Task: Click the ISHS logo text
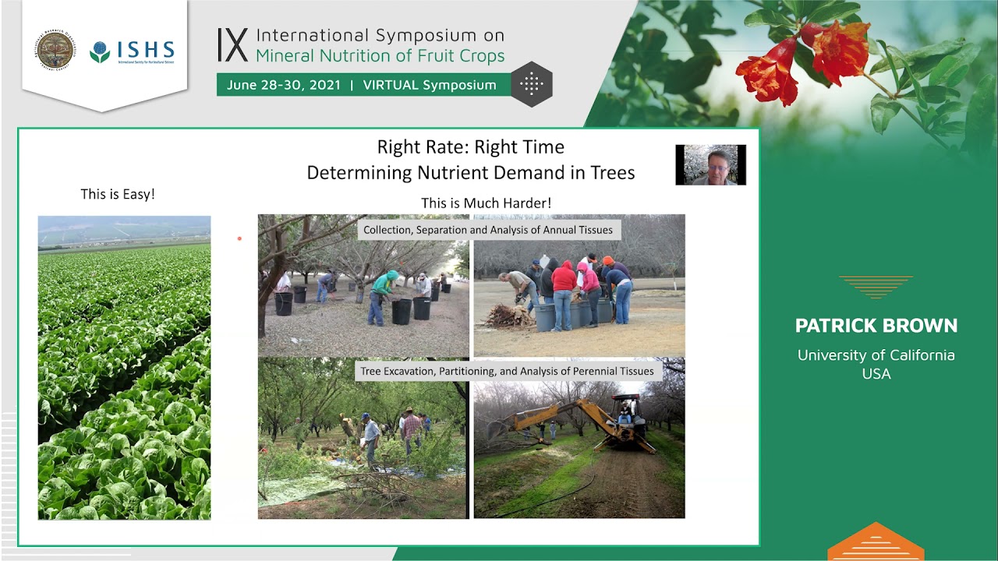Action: (145, 50)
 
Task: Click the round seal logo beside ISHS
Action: (55, 50)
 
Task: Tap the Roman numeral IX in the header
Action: (232, 45)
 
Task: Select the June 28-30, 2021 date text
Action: (284, 85)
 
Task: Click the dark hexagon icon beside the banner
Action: (532, 84)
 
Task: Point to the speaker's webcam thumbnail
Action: (710, 164)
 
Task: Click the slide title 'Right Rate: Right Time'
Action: (470, 147)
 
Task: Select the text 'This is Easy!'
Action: (118, 194)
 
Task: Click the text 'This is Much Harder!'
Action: (486, 203)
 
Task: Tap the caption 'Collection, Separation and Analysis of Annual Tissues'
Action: (488, 230)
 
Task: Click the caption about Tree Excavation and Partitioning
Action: (507, 371)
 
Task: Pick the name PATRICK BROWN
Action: (876, 326)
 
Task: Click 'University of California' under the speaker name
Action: (876, 355)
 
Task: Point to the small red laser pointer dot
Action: (239, 238)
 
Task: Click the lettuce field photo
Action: (124, 368)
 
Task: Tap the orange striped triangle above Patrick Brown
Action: (876, 286)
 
